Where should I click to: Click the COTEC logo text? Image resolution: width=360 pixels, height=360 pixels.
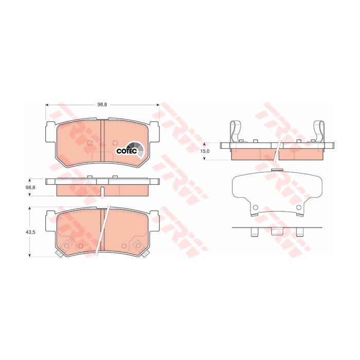pos(126,151)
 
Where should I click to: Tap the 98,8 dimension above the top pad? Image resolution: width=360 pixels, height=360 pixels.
pos(102,105)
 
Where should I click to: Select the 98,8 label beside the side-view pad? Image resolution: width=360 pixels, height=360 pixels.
pos(30,188)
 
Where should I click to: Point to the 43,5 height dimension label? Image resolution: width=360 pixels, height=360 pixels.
pos(30,232)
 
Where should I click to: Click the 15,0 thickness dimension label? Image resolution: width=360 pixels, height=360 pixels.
pos(204,152)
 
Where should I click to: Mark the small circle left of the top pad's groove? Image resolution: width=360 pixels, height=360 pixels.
pos(88,143)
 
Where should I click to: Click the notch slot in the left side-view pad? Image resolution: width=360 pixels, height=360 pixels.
pos(103,191)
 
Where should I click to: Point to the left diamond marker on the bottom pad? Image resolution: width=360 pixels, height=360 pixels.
pos(66,246)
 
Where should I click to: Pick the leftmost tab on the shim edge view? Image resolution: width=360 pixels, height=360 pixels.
pos(254,232)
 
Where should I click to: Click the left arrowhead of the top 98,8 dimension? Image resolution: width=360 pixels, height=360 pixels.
pos(47,105)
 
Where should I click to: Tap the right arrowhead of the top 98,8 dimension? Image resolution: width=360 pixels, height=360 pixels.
pos(158,105)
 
